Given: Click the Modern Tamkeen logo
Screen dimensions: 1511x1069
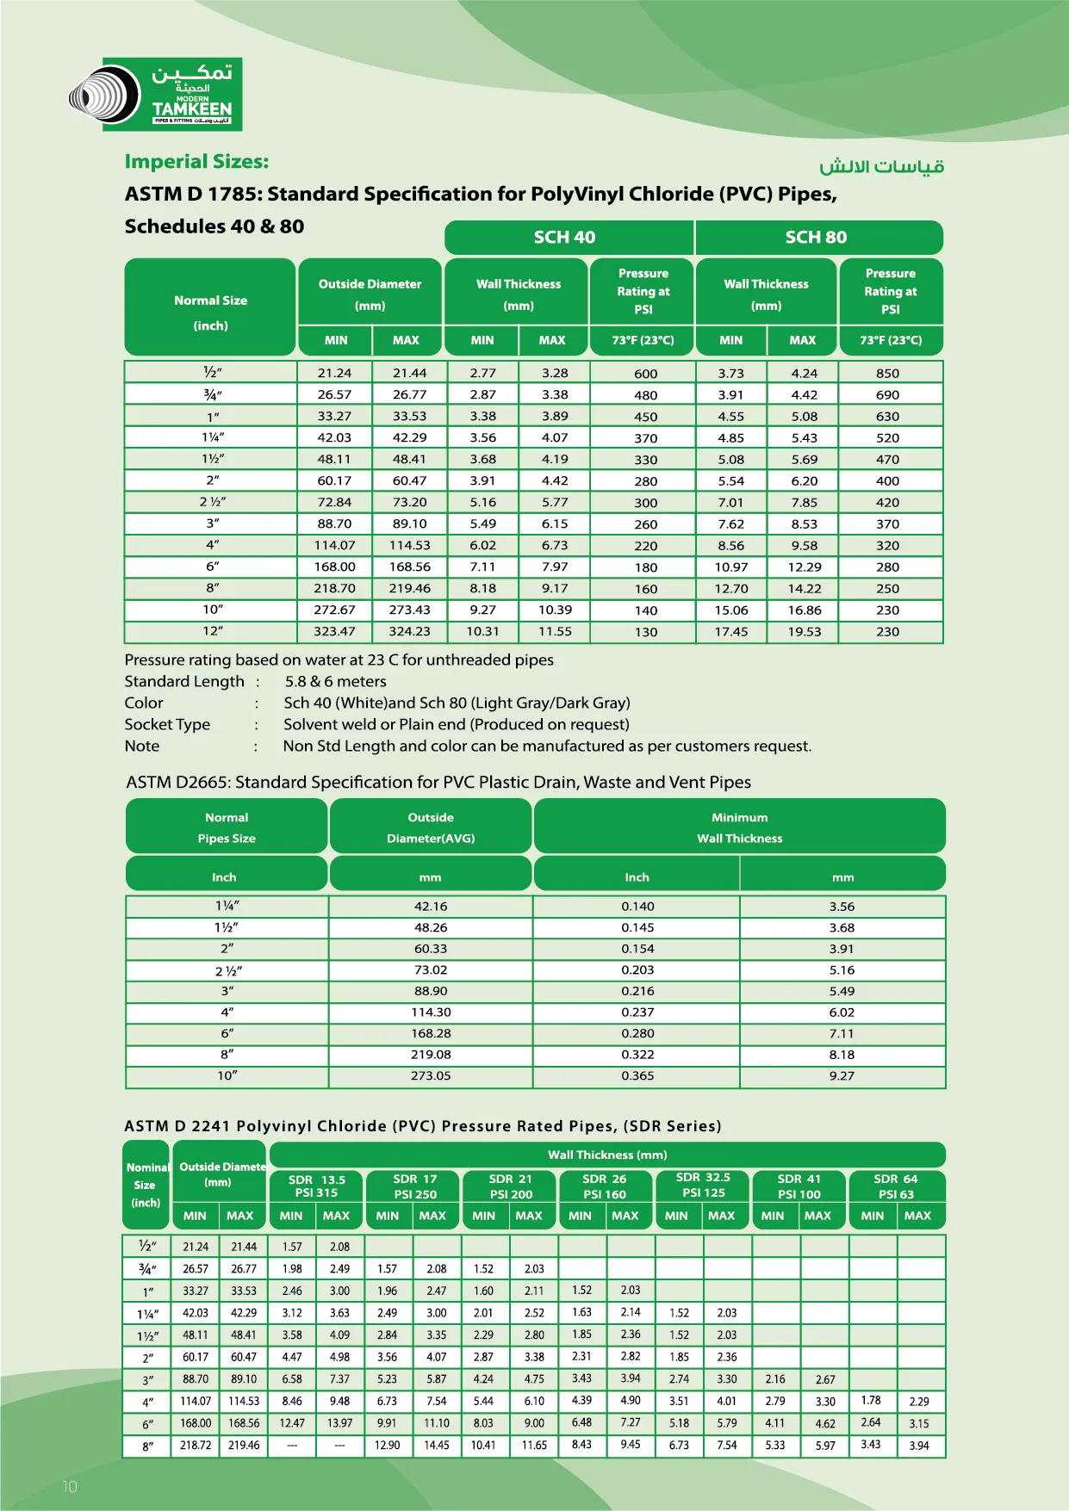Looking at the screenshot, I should pos(156,95).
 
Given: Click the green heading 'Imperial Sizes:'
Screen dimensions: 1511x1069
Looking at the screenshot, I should pos(196,162).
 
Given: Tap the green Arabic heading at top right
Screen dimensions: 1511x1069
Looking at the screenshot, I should pos(881,166).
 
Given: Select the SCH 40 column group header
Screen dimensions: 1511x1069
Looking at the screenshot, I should pos(565,238).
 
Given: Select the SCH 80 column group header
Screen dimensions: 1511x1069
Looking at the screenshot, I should pos(816,238).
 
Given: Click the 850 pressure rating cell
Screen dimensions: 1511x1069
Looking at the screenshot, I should pos(887,374).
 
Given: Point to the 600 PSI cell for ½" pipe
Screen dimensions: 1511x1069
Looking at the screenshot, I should pos(645,374).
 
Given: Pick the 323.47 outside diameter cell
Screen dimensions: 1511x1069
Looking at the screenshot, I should pos(334,631).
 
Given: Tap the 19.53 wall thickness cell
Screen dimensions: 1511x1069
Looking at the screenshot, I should pos(805,632).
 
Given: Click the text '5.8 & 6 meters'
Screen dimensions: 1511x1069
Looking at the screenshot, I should pos(335,681).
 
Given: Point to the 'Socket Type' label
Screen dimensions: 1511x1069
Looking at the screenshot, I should pos(167,724).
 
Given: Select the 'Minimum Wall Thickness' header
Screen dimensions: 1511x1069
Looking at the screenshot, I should pos(739,827).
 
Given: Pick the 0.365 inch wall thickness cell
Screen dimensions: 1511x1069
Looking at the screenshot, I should pos(637,1075).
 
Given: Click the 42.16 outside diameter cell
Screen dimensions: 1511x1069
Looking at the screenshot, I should pos(431,907).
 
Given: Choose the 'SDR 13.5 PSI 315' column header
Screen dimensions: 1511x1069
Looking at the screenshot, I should pos(316,1186).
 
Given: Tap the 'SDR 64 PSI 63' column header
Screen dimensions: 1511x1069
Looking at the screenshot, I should pos(896,1186).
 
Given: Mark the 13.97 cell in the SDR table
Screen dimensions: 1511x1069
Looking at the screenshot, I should pos(339,1423).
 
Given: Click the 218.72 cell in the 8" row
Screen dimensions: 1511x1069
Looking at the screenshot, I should pos(196,1446).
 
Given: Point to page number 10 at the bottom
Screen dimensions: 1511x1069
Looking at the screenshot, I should pos(70,1486).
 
